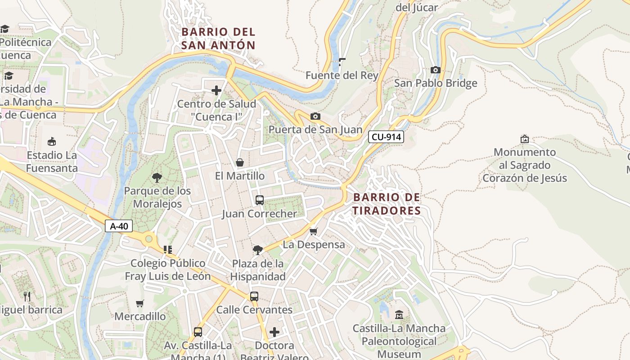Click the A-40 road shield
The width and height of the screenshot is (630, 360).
click(119, 226)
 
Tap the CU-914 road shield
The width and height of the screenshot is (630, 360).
click(386, 137)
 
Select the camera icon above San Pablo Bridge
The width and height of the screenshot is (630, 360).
click(435, 70)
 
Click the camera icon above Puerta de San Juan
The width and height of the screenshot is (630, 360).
click(315, 117)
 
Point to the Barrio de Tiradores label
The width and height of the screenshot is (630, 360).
click(387, 204)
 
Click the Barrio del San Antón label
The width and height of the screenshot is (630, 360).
click(218, 38)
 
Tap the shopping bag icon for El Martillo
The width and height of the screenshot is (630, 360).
click(240, 162)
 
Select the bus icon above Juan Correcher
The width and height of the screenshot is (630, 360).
click(260, 200)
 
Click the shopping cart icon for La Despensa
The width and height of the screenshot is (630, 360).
click(314, 231)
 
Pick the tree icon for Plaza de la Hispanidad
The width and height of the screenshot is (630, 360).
click(258, 250)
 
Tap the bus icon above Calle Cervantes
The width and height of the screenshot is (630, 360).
click(254, 296)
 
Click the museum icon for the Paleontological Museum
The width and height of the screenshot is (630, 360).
click(399, 315)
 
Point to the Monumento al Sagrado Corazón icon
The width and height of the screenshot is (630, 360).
click(524, 139)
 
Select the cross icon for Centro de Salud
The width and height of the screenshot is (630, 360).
click(216, 90)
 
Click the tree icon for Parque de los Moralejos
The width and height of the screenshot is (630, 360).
click(157, 177)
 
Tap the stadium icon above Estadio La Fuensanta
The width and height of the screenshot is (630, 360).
click(52, 141)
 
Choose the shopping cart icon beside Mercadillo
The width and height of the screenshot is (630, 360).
click(140, 303)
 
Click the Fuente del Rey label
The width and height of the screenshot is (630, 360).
click(342, 75)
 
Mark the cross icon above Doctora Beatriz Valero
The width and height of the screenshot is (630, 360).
click(274, 332)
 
